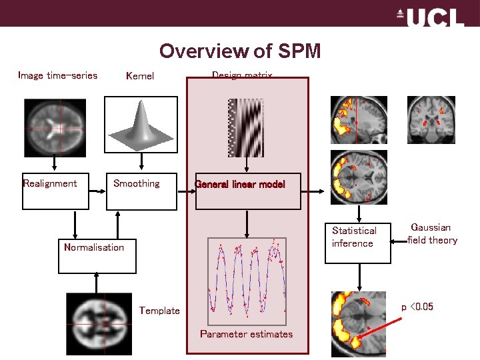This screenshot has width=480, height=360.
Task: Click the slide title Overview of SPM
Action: pos(240,51)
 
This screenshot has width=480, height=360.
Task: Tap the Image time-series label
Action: pos(57,75)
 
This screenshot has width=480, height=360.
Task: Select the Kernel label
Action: pos(140,76)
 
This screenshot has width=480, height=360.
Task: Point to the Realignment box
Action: pos(55,191)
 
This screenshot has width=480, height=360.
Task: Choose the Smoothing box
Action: pos(142,191)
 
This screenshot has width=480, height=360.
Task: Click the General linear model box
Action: pos(247,191)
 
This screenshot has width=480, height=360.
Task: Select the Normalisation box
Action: pos(97,255)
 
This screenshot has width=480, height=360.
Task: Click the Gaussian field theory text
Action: pos(433,234)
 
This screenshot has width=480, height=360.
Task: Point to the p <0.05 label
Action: pos(417,307)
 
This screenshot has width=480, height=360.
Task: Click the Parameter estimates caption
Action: pos(247,334)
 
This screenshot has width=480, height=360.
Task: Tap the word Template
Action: pos(159,311)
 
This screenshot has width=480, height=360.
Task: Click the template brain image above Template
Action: pos(99,324)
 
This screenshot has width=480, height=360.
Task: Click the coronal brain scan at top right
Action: pos(431,120)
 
